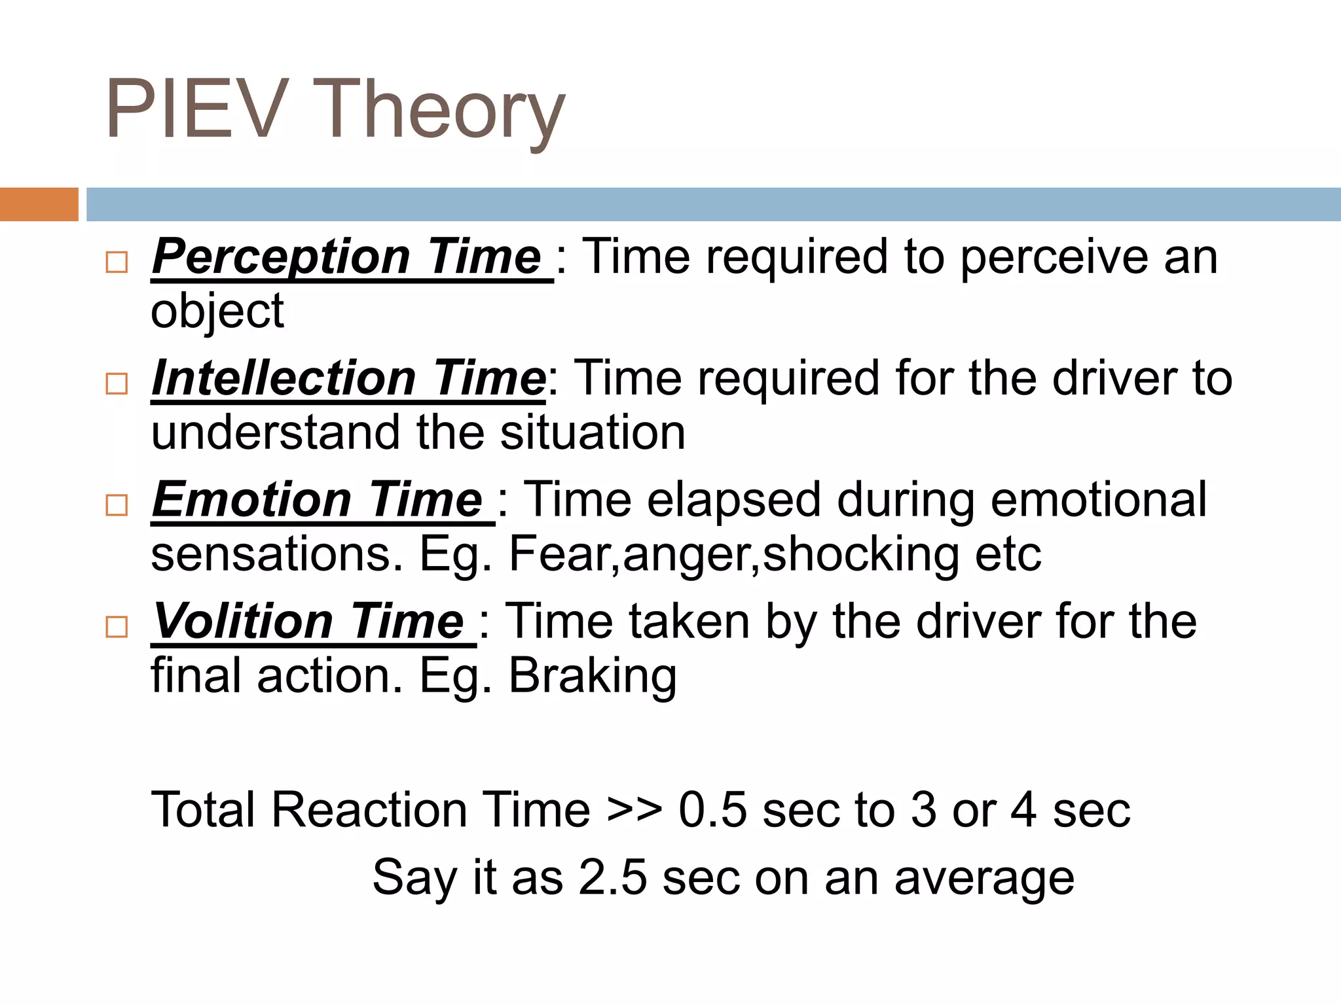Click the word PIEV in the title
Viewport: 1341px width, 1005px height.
point(196,109)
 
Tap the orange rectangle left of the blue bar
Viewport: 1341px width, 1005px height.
point(39,204)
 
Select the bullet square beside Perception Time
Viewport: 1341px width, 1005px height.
point(117,262)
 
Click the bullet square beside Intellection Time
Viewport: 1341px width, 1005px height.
point(117,383)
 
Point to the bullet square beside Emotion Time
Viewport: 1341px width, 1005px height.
point(117,505)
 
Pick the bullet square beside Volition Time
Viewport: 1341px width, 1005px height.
point(117,627)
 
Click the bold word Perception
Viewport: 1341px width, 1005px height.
point(282,257)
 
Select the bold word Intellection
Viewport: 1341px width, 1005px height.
point(284,379)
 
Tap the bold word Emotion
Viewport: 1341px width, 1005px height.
point(253,501)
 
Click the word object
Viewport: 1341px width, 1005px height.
point(217,311)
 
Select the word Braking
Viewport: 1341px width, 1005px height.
point(593,676)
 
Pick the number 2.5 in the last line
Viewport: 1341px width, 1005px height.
point(613,877)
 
